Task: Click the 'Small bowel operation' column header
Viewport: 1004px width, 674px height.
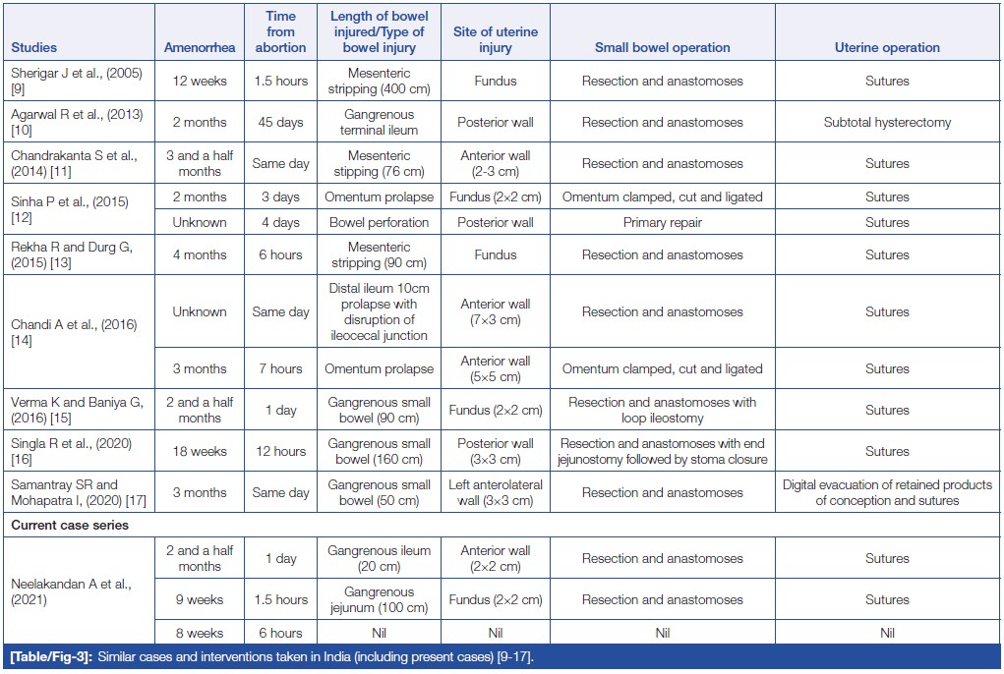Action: (662, 47)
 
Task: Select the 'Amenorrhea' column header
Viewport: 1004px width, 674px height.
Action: (200, 47)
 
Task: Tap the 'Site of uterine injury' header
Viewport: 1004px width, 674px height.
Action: (495, 39)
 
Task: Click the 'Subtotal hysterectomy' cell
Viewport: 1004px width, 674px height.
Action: (887, 123)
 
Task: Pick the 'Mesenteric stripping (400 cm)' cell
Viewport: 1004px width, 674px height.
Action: (379, 82)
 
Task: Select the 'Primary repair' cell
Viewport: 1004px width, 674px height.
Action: (662, 223)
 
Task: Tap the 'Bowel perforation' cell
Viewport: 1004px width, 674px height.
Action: (379, 223)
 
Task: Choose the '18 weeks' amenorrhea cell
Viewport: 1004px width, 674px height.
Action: (200, 452)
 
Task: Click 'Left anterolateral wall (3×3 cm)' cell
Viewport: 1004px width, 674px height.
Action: (495, 493)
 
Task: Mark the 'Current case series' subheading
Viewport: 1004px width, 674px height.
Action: (70, 526)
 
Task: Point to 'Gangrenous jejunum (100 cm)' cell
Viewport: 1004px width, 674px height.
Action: (379, 600)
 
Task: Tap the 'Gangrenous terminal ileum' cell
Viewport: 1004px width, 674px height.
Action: (379, 123)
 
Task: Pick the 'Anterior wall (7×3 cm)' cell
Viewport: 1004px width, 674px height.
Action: (495, 312)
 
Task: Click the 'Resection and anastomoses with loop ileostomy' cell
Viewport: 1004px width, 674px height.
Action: (662, 411)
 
